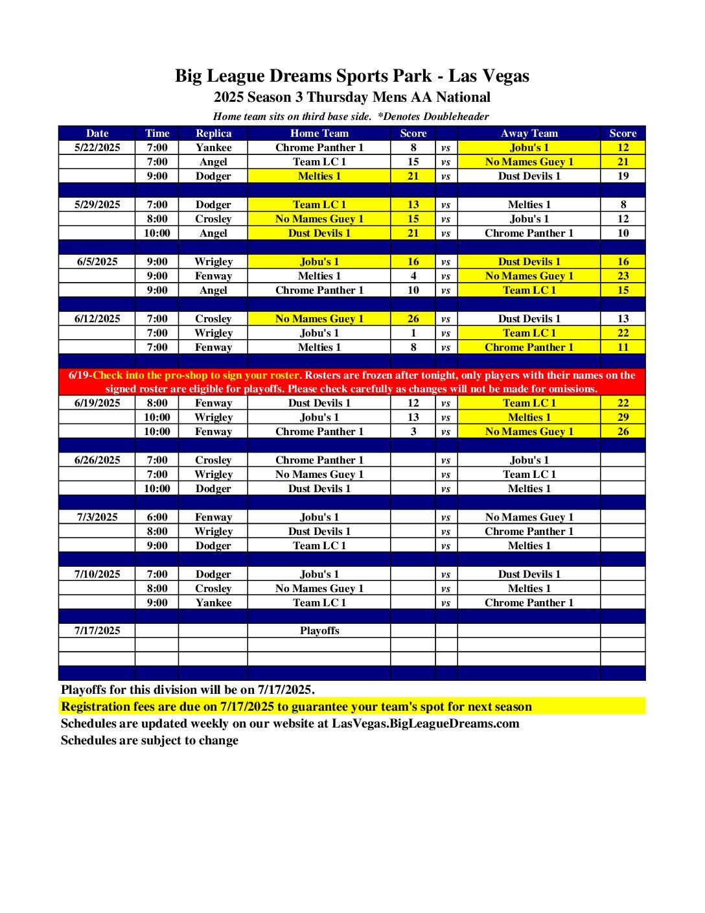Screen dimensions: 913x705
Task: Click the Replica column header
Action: pos(213,134)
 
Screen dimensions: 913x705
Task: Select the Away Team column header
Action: pos(529,134)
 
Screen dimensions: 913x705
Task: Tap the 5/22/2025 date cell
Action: pos(97,148)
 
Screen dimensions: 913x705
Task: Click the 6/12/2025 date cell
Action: pos(97,319)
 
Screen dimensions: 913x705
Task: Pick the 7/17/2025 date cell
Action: pos(97,631)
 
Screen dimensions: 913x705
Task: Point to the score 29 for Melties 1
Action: pos(623,418)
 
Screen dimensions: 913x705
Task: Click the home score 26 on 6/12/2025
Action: pos(413,319)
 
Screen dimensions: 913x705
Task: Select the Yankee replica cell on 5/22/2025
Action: pos(213,148)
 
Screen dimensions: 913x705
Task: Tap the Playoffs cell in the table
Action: pos(319,631)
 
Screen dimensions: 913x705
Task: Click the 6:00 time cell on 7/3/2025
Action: pos(157,517)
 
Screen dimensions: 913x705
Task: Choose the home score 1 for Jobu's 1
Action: pos(413,333)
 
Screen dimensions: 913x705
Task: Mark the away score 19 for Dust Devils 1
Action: pos(623,176)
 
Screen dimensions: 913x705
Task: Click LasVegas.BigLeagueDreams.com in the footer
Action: pos(426,724)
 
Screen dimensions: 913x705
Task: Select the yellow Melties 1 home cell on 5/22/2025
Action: pos(319,176)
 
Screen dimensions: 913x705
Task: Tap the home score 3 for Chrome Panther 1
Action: pos(413,432)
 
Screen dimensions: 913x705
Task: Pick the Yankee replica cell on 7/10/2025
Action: pos(213,603)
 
